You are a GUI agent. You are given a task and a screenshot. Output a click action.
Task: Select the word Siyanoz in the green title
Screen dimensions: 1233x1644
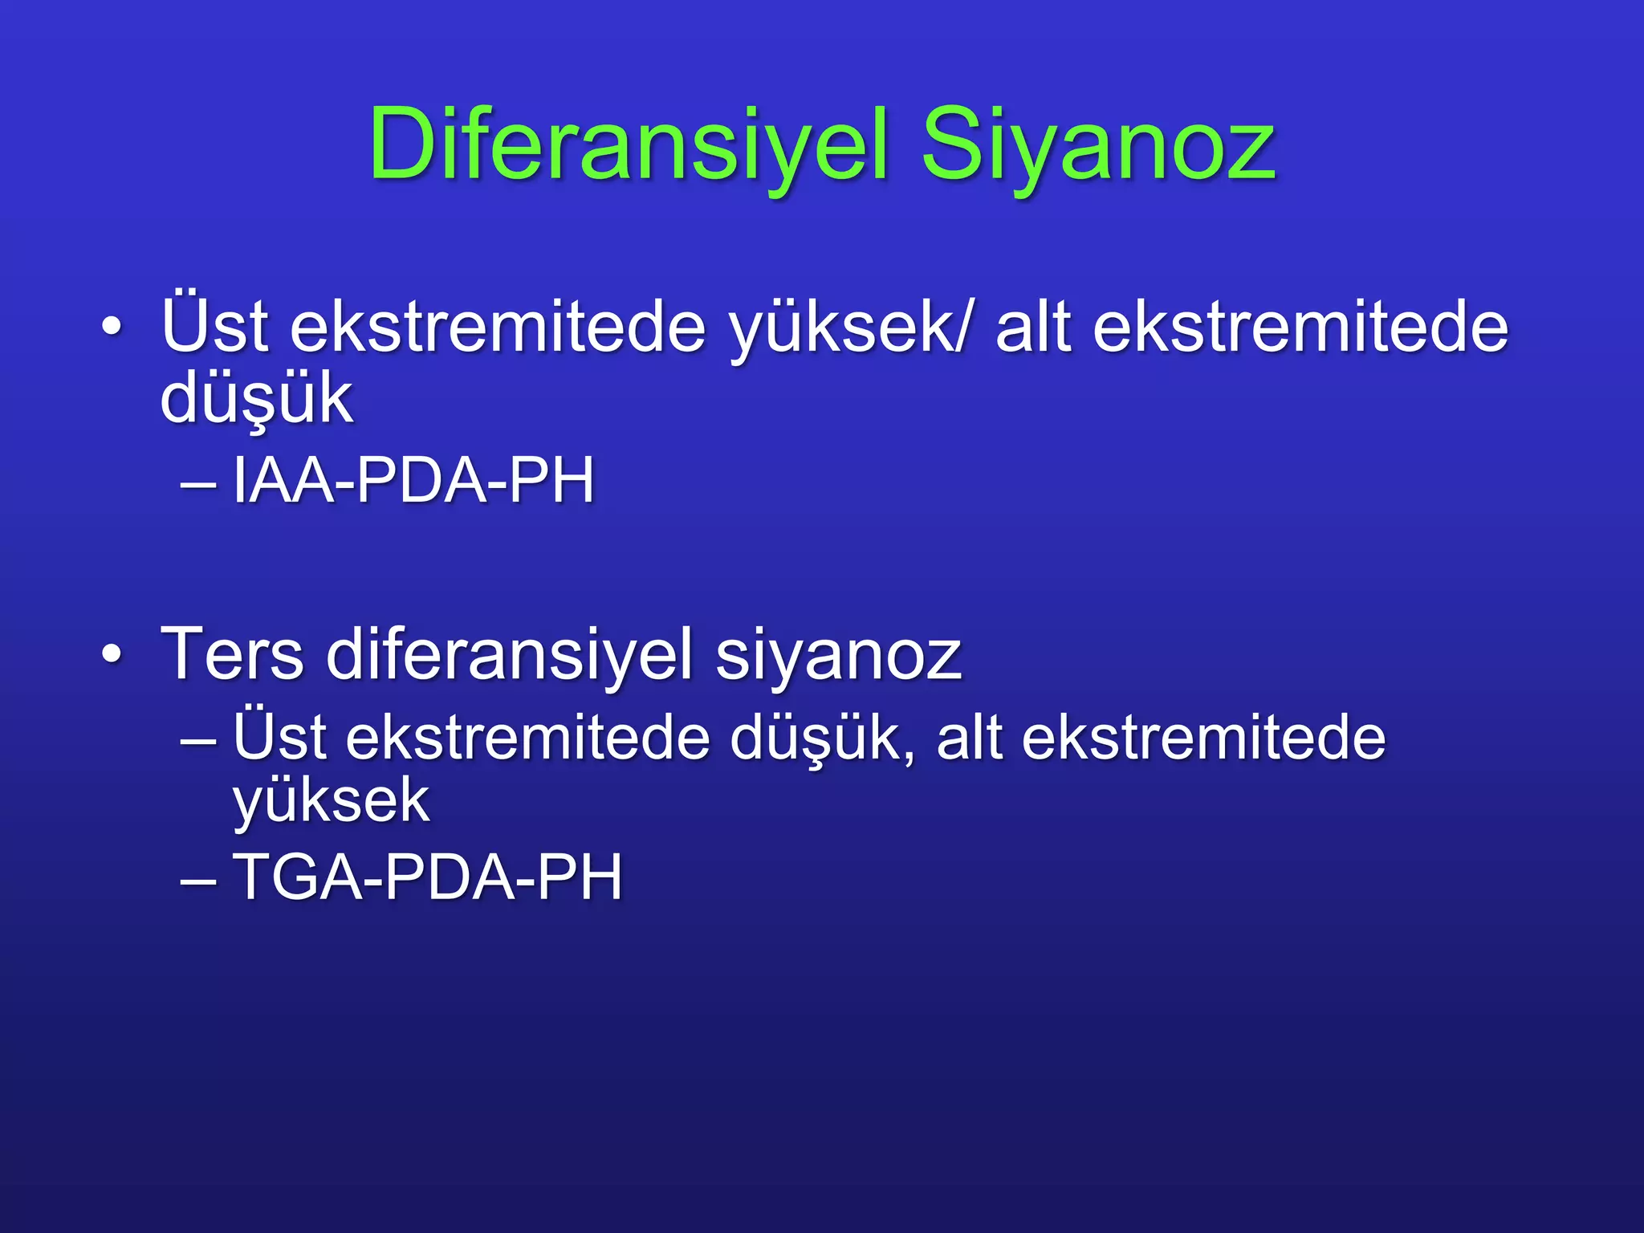(x=1097, y=146)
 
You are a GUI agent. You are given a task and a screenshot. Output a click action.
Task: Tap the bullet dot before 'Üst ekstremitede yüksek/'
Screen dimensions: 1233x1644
(x=112, y=328)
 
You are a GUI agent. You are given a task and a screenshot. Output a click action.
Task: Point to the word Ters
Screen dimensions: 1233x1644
(x=232, y=654)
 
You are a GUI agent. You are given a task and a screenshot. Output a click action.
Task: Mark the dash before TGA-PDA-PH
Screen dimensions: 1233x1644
(x=198, y=880)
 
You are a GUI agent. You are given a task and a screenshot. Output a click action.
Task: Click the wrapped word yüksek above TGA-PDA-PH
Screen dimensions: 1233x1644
(x=331, y=801)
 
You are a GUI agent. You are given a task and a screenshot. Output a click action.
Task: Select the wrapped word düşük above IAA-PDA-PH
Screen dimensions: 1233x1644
(x=256, y=399)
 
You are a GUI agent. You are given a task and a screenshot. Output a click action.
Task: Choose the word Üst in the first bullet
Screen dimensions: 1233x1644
(x=214, y=325)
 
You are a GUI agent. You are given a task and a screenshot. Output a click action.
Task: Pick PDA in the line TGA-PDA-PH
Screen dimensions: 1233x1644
(x=446, y=877)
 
